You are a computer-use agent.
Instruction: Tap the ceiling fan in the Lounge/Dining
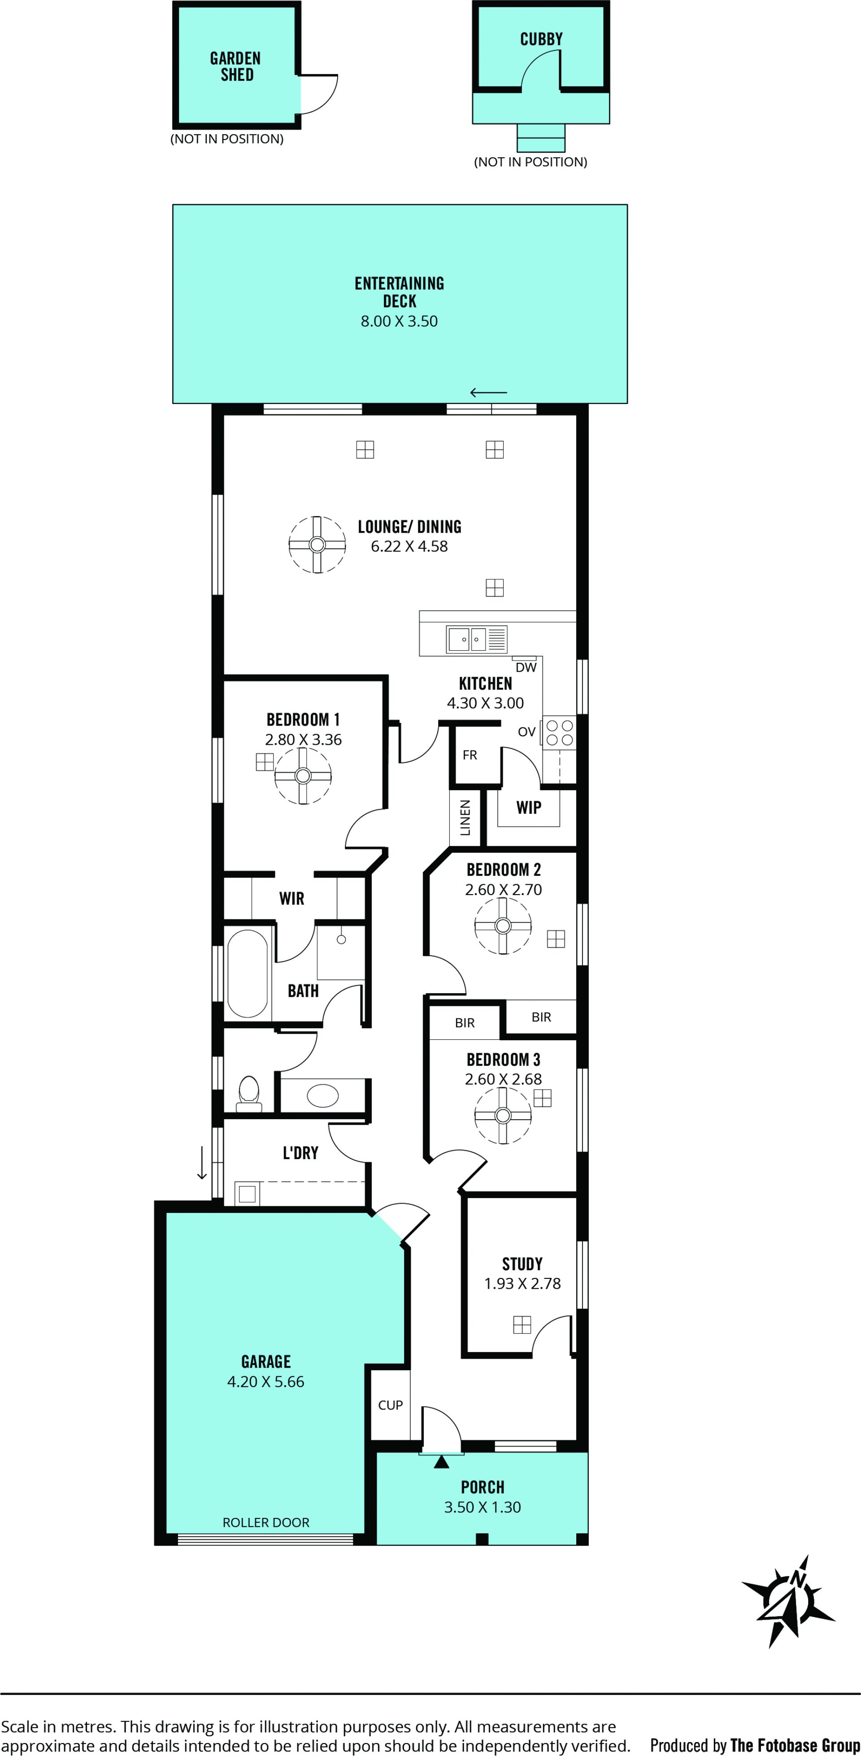[x=317, y=544]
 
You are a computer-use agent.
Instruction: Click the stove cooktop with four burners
[x=559, y=733]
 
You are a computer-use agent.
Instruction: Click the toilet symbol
[x=249, y=1093]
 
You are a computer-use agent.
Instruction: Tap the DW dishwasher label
[x=526, y=667]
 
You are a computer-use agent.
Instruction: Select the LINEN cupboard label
[x=465, y=818]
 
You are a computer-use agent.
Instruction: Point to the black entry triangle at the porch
[x=442, y=1461]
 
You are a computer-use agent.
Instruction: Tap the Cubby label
[x=541, y=39]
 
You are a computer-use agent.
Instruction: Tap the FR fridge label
[x=470, y=755]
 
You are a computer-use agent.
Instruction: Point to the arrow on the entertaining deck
[x=489, y=392]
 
